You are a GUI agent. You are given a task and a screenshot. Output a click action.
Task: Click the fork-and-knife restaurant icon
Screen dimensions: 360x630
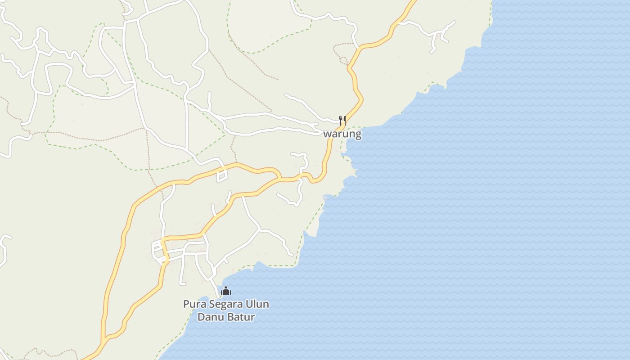point(342,120)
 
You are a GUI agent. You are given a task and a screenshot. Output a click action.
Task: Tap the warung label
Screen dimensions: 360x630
point(342,134)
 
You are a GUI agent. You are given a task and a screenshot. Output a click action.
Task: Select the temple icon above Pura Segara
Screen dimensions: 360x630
point(226,291)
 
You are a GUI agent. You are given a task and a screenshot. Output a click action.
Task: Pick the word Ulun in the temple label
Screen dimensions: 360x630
point(257,304)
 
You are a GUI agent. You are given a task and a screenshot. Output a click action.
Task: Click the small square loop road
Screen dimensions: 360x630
point(221,176)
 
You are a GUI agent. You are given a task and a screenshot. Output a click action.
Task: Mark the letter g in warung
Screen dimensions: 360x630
point(358,135)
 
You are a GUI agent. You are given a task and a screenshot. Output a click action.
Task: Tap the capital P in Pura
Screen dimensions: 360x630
point(186,304)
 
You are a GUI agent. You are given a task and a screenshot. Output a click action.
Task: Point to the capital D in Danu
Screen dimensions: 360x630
point(201,317)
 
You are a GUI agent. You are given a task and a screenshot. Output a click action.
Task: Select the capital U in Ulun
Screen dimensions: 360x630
point(249,304)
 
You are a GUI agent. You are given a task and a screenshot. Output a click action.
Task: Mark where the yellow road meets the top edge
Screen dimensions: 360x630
point(414,1)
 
